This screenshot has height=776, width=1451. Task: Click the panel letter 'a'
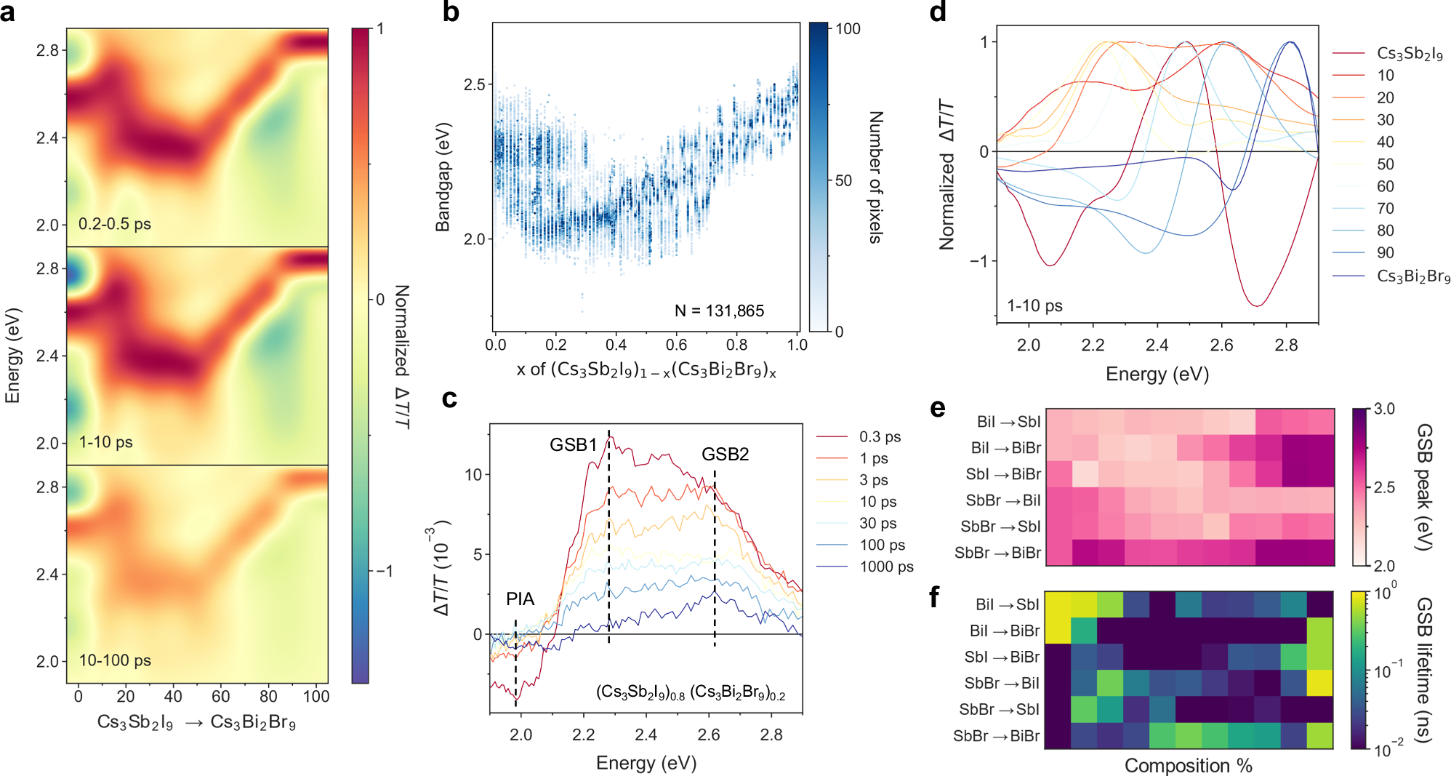click(x=8, y=13)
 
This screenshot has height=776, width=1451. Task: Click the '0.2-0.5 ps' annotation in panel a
click(x=115, y=224)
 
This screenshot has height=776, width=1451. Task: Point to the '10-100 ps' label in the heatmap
click(x=115, y=660)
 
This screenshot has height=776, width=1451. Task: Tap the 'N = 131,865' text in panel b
click(x=719, y=311)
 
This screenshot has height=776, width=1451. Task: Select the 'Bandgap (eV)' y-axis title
click(x=443, y=177)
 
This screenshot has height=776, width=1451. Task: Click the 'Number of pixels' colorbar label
click(x=876, y=177)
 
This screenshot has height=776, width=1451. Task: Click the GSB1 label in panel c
click(x=573, y=445)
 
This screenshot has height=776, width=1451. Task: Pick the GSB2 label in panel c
click(x=725, y=455)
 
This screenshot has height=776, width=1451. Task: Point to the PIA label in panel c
click(x=520, y=599)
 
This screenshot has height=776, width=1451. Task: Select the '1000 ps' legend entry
click(x=886, y=567)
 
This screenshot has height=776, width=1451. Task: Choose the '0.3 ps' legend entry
click(x=880, y=437)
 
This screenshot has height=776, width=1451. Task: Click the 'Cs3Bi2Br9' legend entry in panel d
click(x=1413, y=276)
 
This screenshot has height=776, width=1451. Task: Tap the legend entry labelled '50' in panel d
click(x=1386, y=164)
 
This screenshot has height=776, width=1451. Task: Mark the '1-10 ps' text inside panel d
click(x=1034, y=306)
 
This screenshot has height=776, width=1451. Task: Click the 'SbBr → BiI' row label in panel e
click(x=1002, y=500)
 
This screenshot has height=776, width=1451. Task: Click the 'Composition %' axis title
click(x=1188, y=765)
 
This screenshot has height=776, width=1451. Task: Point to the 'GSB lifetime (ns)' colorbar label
click(x=1424, y=670)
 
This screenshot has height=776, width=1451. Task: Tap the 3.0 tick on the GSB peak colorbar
click(x=1384, y=409)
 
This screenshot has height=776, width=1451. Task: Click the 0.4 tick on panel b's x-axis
click(x=616, y=345)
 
